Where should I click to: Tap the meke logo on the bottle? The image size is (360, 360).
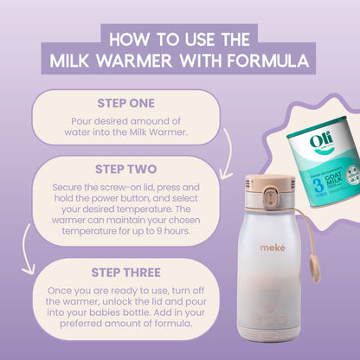pos(273,247)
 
